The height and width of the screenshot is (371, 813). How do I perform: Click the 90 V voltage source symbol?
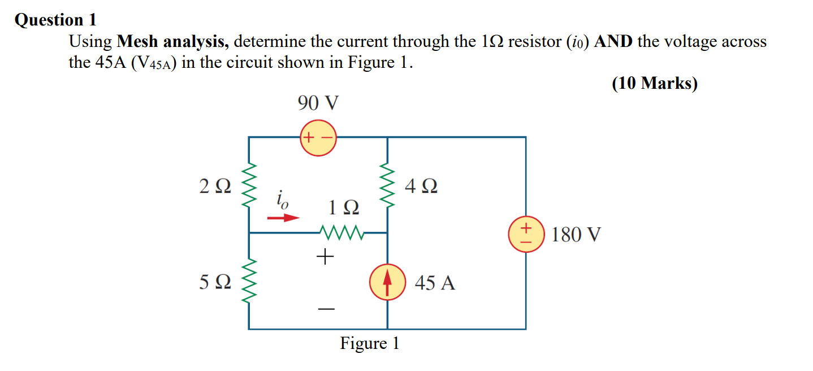point(318,137)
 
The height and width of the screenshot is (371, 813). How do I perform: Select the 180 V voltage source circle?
point(526,235)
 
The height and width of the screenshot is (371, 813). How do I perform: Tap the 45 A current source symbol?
point(387,282)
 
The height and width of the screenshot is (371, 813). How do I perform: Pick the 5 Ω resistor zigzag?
point(249,281)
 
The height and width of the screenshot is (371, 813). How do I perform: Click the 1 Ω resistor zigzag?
point(341,232)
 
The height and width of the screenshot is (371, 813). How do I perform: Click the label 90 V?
point(318,103)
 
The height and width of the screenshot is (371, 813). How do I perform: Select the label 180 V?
point(576,234)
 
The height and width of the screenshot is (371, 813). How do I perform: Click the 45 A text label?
point(435,282)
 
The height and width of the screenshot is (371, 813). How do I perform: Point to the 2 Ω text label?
point(215,185)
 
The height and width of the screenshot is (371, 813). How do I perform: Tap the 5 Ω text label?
point(215,282)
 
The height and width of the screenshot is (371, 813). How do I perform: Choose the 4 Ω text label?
point(421,185)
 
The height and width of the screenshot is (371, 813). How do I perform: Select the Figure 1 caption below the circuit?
point(369,343)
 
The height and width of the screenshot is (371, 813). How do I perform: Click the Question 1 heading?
point(55,20)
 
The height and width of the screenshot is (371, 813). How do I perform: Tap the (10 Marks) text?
point(655,83)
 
